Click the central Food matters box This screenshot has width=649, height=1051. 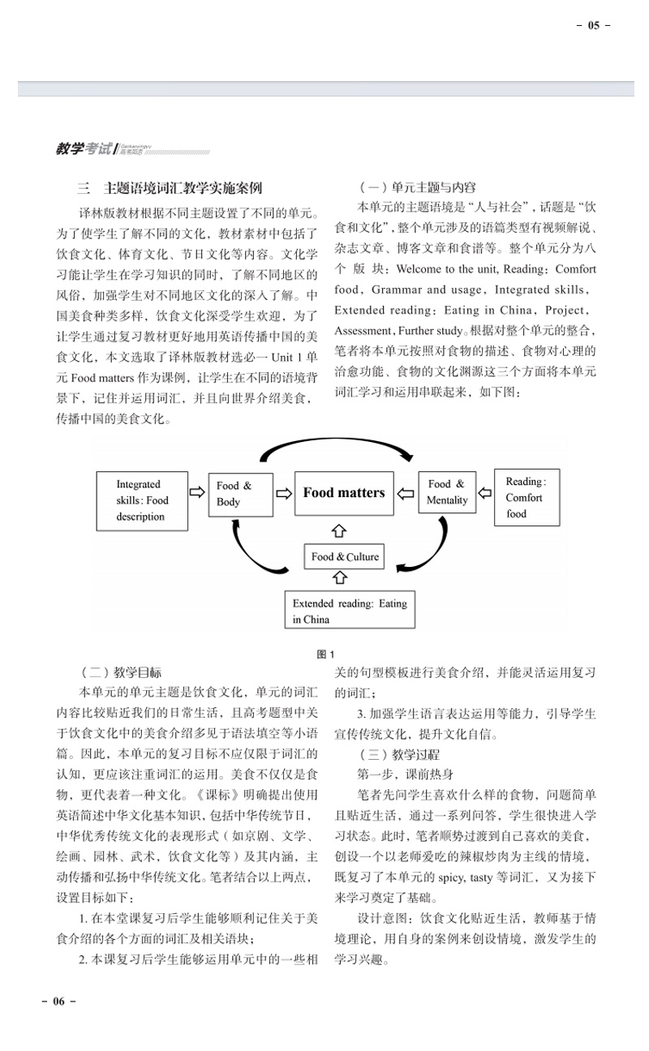[x=343, y=493]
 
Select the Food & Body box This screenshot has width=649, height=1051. [x=240, y=494]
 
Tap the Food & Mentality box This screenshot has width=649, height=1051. [x=447, y=492]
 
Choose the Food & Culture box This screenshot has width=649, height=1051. [x=345, y=556]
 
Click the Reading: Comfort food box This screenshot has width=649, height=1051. [x=527, y=497]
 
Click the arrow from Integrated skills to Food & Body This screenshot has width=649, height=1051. [x=196, y=492]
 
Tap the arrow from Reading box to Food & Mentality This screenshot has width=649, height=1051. [x=485, y=492]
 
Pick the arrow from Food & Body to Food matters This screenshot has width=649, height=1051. [x=283, y=492]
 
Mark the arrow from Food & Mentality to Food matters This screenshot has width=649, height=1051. [x=406, y=492]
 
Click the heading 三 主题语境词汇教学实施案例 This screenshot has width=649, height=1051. [x=170, y=188]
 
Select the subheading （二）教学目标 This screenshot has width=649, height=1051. [x=121, y=672]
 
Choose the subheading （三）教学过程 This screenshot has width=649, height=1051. [x=389, y=753]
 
